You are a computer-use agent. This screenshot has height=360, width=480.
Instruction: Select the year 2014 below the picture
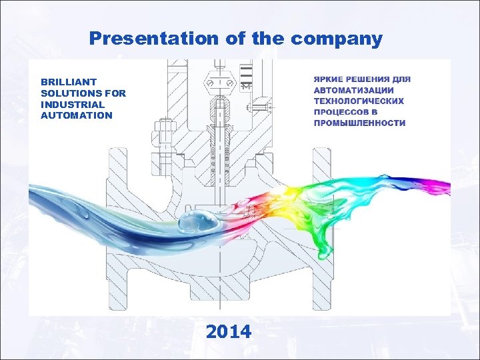(229, 331)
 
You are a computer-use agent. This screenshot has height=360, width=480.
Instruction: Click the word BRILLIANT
(69, 82)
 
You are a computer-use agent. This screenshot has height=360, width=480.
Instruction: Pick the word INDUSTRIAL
(72, 104)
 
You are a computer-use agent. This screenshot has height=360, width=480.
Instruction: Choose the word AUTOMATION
(77, 115)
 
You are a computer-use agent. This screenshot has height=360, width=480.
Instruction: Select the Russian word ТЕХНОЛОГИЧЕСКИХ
(359, 101)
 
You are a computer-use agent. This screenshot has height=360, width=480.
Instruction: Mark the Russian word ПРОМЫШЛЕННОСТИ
(359, 123)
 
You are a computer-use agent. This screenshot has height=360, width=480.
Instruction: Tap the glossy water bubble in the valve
(196, 223)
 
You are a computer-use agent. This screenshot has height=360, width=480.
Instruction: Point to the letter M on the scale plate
(247, 87)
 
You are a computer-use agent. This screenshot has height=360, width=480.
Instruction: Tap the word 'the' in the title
(267, 39)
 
